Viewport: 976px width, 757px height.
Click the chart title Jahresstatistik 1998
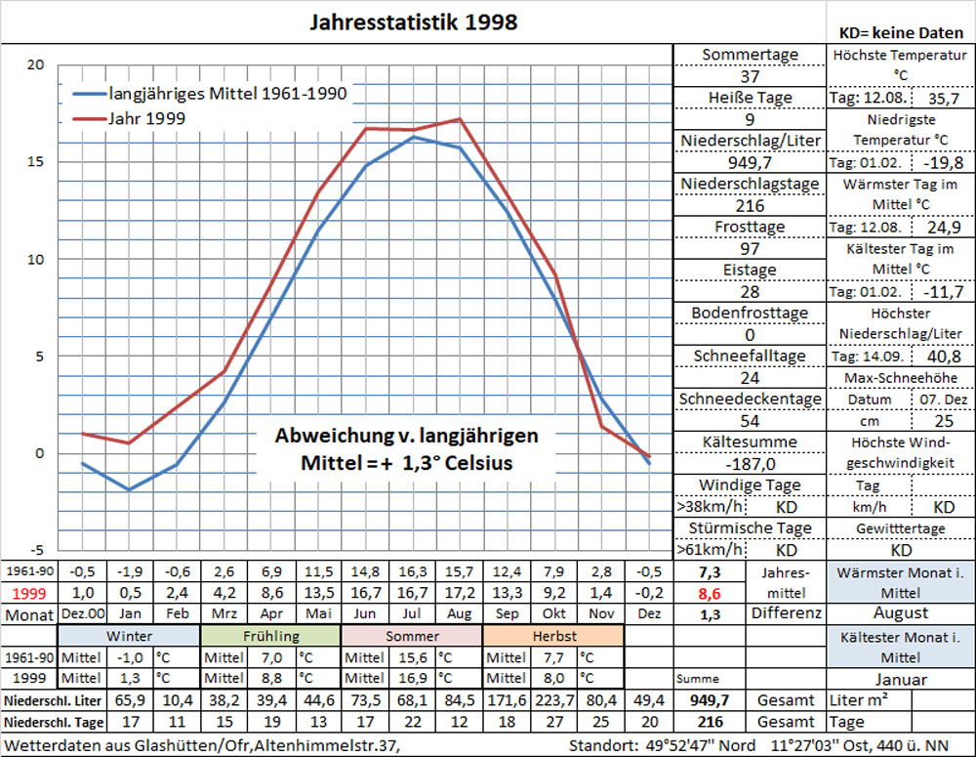click(413, 21)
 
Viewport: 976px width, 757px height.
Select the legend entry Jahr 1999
click(146, 118)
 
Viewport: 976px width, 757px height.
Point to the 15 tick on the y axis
click(35, 162)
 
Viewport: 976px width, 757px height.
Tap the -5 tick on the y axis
click(35, 549)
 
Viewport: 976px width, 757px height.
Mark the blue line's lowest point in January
click(129, 489)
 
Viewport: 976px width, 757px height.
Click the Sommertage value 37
click(750, 76)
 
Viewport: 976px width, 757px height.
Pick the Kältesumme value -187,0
click(750, 463)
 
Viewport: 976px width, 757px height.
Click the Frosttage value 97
click(750, 248)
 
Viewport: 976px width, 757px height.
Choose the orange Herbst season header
click(552, 635)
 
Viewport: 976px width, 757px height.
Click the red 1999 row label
click(28, 592)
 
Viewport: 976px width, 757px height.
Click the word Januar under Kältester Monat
click(900, 678)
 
